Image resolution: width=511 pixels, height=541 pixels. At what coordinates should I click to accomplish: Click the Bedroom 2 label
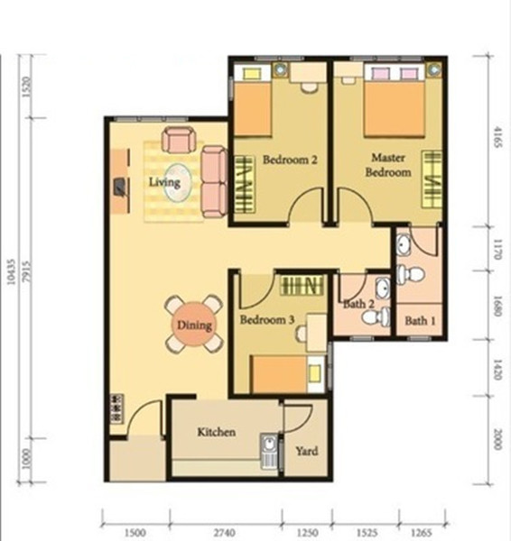coord(290,160)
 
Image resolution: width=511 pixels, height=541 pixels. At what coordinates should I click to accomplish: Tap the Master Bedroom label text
coord(388,165)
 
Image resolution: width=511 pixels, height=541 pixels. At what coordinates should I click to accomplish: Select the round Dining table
coord(194,325)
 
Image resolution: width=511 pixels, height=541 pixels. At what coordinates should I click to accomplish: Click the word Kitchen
coord(217,432)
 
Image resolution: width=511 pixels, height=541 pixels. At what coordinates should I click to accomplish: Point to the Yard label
coord(307,451)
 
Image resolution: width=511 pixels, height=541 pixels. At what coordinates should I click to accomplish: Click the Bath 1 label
coord(420,321)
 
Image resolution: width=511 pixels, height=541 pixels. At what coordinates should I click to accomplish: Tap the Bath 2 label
coord(358,304)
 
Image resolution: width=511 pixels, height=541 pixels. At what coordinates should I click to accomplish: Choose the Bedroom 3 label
coord(267,319)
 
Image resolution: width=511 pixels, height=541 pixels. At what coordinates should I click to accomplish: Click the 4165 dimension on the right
coord(497,137)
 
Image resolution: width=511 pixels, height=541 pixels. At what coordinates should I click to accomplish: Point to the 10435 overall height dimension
coord(12,272)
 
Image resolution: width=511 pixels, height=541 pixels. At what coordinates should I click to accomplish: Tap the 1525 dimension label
coord(366,533)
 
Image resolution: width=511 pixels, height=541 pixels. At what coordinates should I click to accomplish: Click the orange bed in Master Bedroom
coord(395,109)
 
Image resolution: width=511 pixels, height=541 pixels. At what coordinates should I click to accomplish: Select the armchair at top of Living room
coord(178,140)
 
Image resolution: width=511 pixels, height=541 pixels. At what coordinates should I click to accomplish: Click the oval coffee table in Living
coord(178,182)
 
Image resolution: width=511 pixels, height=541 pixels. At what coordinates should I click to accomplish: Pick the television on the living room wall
coord(120,188)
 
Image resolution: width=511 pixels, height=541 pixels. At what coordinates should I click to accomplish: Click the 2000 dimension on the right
coord(497,439)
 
